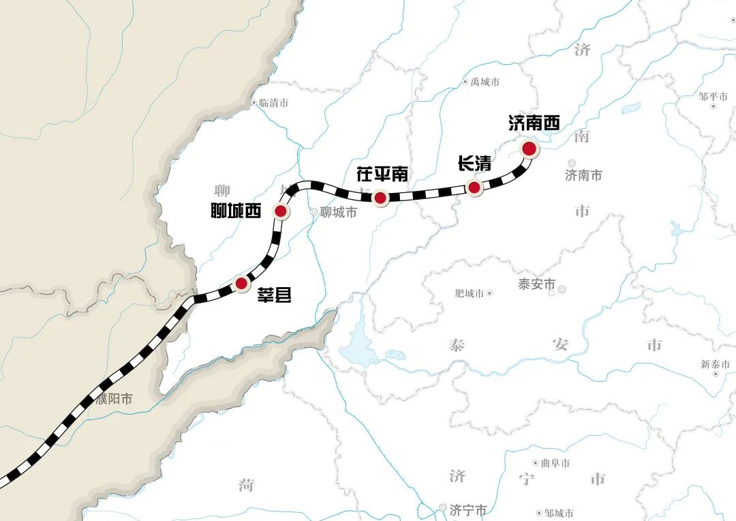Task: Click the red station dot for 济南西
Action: pos(529,148)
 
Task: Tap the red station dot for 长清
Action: pos(475,188)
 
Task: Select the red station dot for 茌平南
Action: pos(381,198)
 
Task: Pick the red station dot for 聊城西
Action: pos(280,211)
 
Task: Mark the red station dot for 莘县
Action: pos(241,283)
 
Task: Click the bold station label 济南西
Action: pos(534,123)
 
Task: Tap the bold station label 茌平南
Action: pos(382,175)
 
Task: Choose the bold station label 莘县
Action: pos(274,295)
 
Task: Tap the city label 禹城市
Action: pos(485,82)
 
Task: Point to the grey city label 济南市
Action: pos(583,175)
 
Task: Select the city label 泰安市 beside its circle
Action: pos(536,284)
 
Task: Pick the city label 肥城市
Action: pos(469,293)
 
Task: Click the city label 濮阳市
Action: pos(114,399)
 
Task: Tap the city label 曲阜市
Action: pos(555,463)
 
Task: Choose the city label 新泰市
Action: pos(716,364)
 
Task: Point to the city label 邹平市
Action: pos(714,97)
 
